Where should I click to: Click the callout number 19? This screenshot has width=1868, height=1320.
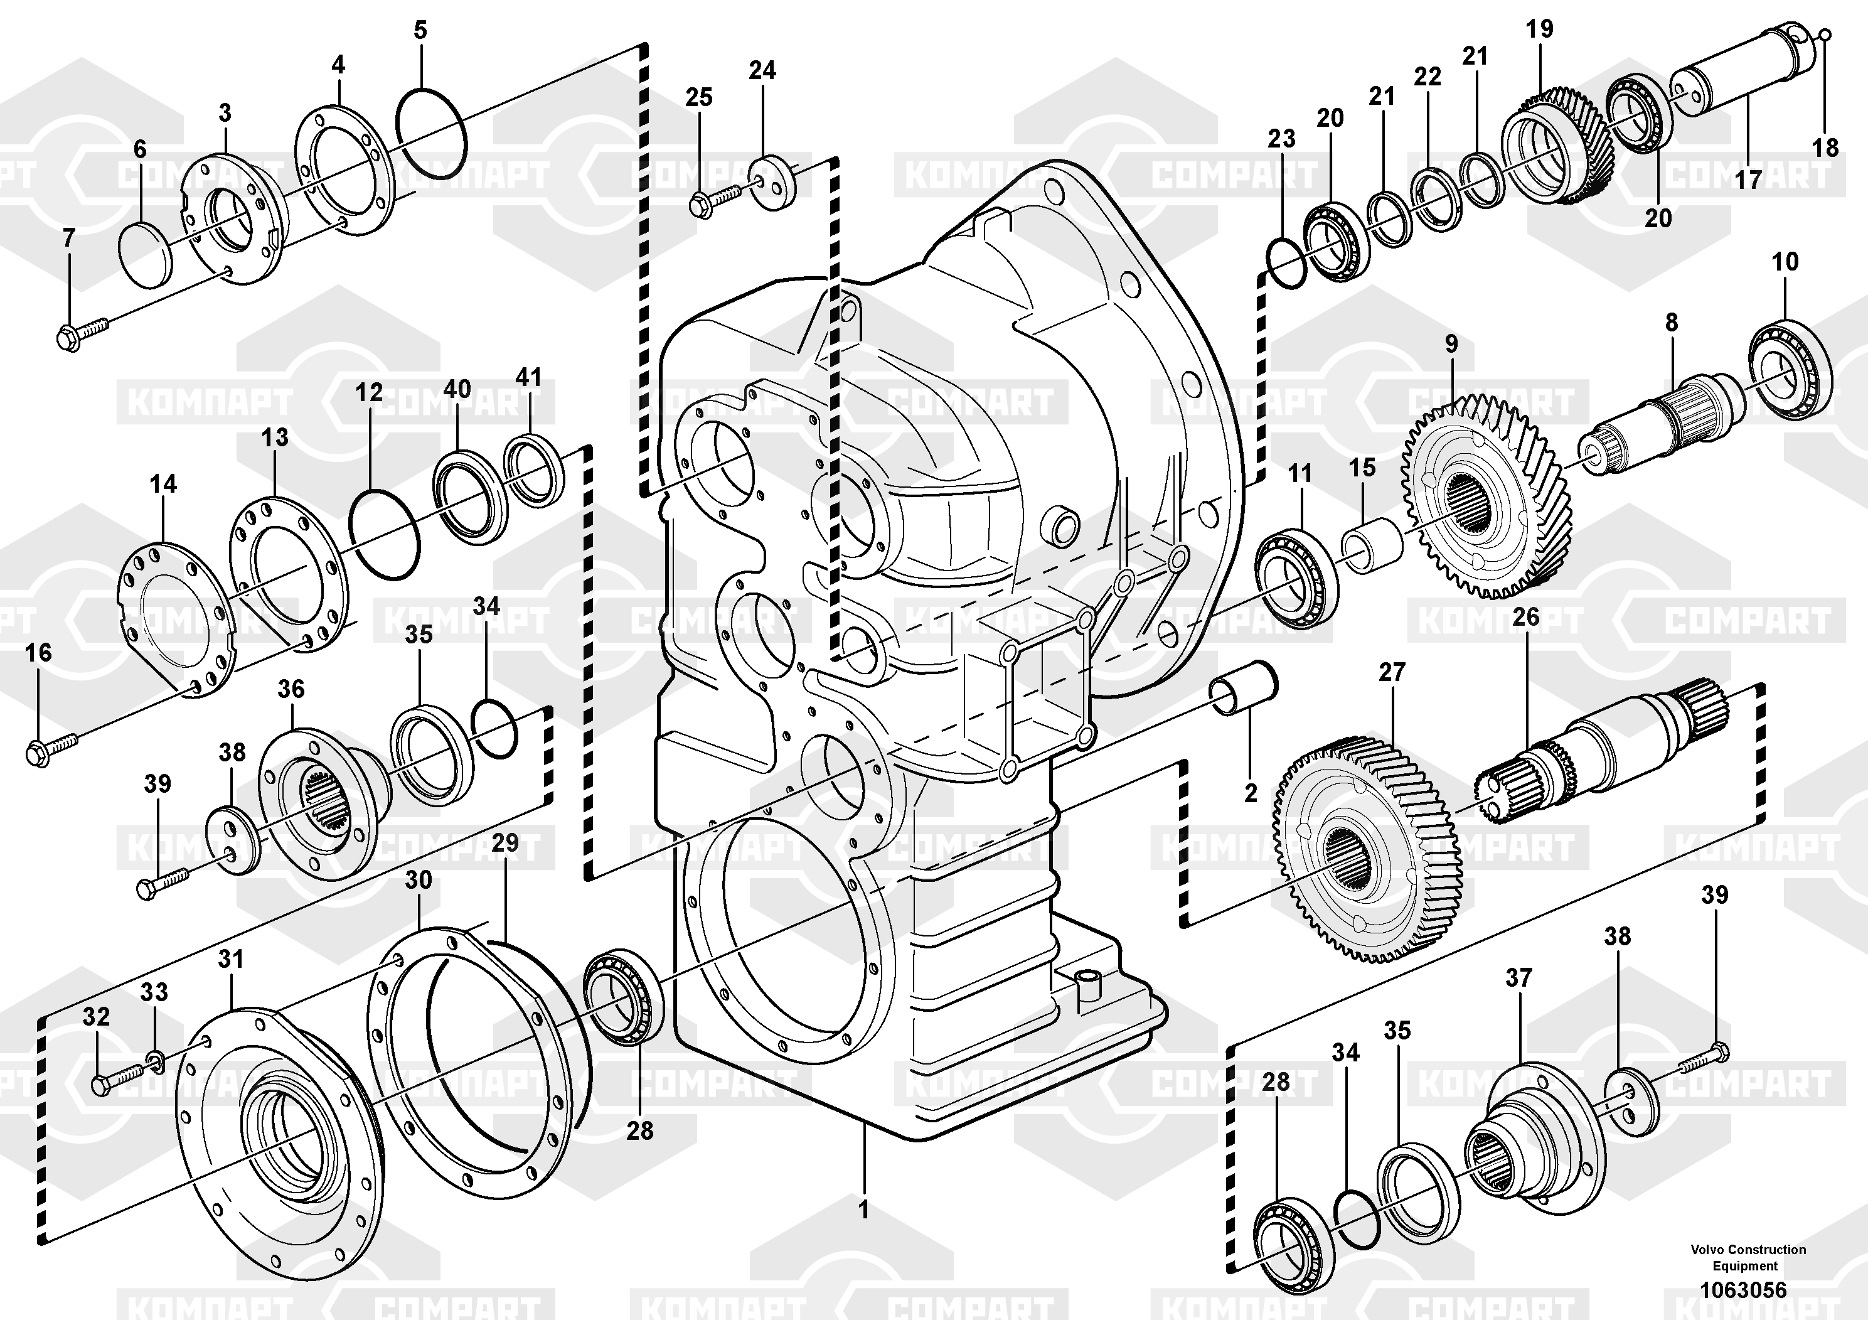tap(1539, 30)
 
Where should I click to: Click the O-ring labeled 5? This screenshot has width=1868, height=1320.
tap(431, 128)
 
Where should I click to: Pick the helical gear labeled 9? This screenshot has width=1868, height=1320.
tap(1486, 496)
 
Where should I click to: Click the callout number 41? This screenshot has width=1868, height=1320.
tap(529, 378)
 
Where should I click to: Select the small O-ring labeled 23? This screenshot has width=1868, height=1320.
tap(1287, 263)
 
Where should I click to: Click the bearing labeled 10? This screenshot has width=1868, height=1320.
tap(1789, 367)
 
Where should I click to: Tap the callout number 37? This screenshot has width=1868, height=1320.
tap(1518, 977)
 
